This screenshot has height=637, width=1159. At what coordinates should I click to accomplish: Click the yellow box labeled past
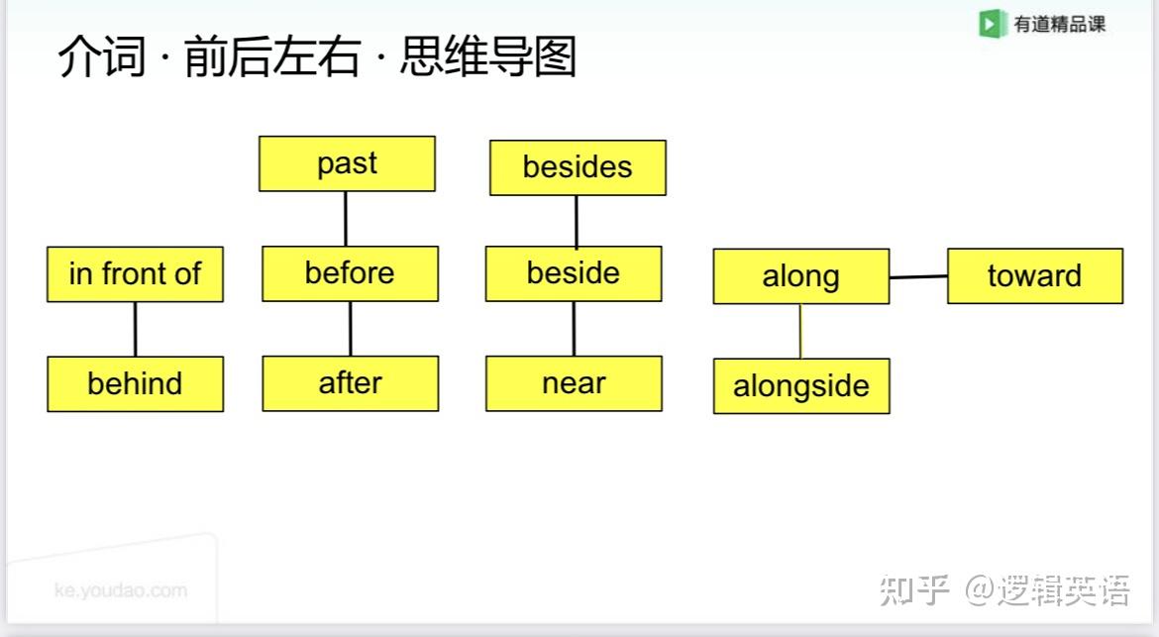click(x=347, y=163)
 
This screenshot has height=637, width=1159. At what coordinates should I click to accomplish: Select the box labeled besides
click(x=578, y=167)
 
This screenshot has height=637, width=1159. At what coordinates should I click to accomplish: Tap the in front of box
click(x=135, y=274)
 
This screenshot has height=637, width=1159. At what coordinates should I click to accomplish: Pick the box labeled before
click(x=350, y=273)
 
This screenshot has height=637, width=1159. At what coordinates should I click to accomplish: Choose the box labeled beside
click(x=574, y=273)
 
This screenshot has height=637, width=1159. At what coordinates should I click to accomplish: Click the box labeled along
click(x=800, y=276)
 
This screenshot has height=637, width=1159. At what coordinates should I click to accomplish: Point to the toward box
click(x=1034, y=275)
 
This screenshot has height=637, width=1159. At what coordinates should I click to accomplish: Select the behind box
click(x=135, y=383)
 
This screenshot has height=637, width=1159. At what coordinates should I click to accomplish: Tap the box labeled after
click(x=350, y=383)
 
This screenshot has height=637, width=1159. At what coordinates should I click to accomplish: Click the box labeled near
click(x=574, y=383)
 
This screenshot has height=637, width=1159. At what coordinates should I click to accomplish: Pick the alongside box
click(x=800, y=386)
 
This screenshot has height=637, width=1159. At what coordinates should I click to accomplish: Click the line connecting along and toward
click(x=918, y=277)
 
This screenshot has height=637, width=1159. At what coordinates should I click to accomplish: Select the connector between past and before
click(x=346, y=219)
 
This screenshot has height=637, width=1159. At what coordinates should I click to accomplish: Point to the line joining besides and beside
click(x=577, y=221)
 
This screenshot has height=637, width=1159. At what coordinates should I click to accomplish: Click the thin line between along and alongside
click(x=800, y=331)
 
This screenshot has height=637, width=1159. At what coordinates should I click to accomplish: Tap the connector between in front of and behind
click(x=135, y=329)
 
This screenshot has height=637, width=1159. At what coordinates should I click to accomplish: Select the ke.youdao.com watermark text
click(x=120, y=590)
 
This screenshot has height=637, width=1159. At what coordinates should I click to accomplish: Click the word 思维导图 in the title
click(x=487, y=57)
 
